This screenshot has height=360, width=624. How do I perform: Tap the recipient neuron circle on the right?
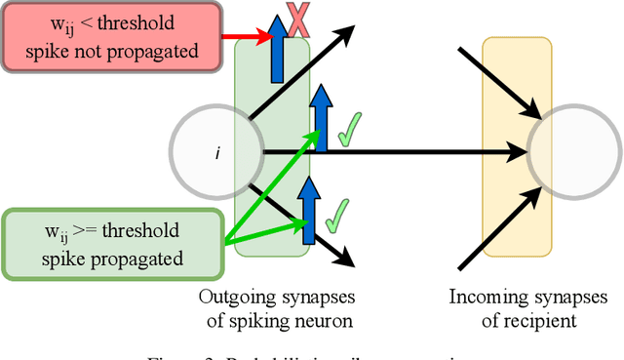point(573,151)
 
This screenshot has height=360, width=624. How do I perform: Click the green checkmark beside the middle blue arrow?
point(345,131)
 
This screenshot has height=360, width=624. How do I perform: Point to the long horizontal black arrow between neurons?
point(390,151)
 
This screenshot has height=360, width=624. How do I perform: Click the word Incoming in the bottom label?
point(484,297)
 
